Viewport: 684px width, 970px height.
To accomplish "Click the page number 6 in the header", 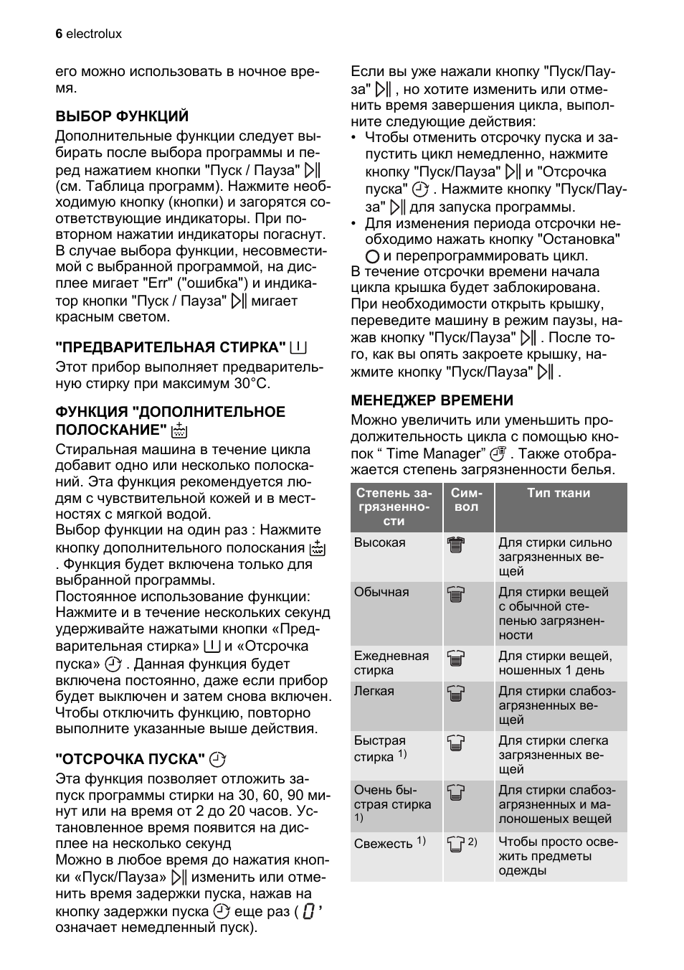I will (x=59, y=34).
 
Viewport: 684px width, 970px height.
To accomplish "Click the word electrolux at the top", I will (x=94, y=34).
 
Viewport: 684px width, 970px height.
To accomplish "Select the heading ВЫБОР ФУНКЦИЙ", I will (x=122, y=116).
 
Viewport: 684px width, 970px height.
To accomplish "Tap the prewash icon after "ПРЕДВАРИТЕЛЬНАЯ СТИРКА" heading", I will (x=298, y=348).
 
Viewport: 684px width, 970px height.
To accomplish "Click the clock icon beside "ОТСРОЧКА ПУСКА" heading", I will (x=218, y=759).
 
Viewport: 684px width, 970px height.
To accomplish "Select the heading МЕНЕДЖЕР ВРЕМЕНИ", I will (x=432, y=400).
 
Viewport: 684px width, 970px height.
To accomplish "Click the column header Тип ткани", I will (x=559, y=493).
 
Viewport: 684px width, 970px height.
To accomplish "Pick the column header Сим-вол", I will (x=467, y=499).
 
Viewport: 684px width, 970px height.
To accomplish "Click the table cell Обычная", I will (x=381, y=592).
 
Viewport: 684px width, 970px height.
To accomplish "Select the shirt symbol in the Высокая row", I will (x=456, y=545).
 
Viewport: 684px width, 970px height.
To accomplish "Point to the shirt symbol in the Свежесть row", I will (x=456, y=844).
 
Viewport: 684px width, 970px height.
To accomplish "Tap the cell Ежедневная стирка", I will (x=391, y=663).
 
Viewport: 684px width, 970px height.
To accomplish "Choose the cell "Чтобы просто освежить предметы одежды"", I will (x=558, y=856).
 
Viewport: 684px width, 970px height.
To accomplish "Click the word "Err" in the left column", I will (x=156, y=283).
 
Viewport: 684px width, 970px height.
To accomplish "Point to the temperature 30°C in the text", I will (x=252, y=383).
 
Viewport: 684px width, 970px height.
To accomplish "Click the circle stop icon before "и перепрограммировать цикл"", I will (x=371, y=256).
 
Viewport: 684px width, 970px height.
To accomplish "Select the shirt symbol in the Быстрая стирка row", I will (x=456, y=743).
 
